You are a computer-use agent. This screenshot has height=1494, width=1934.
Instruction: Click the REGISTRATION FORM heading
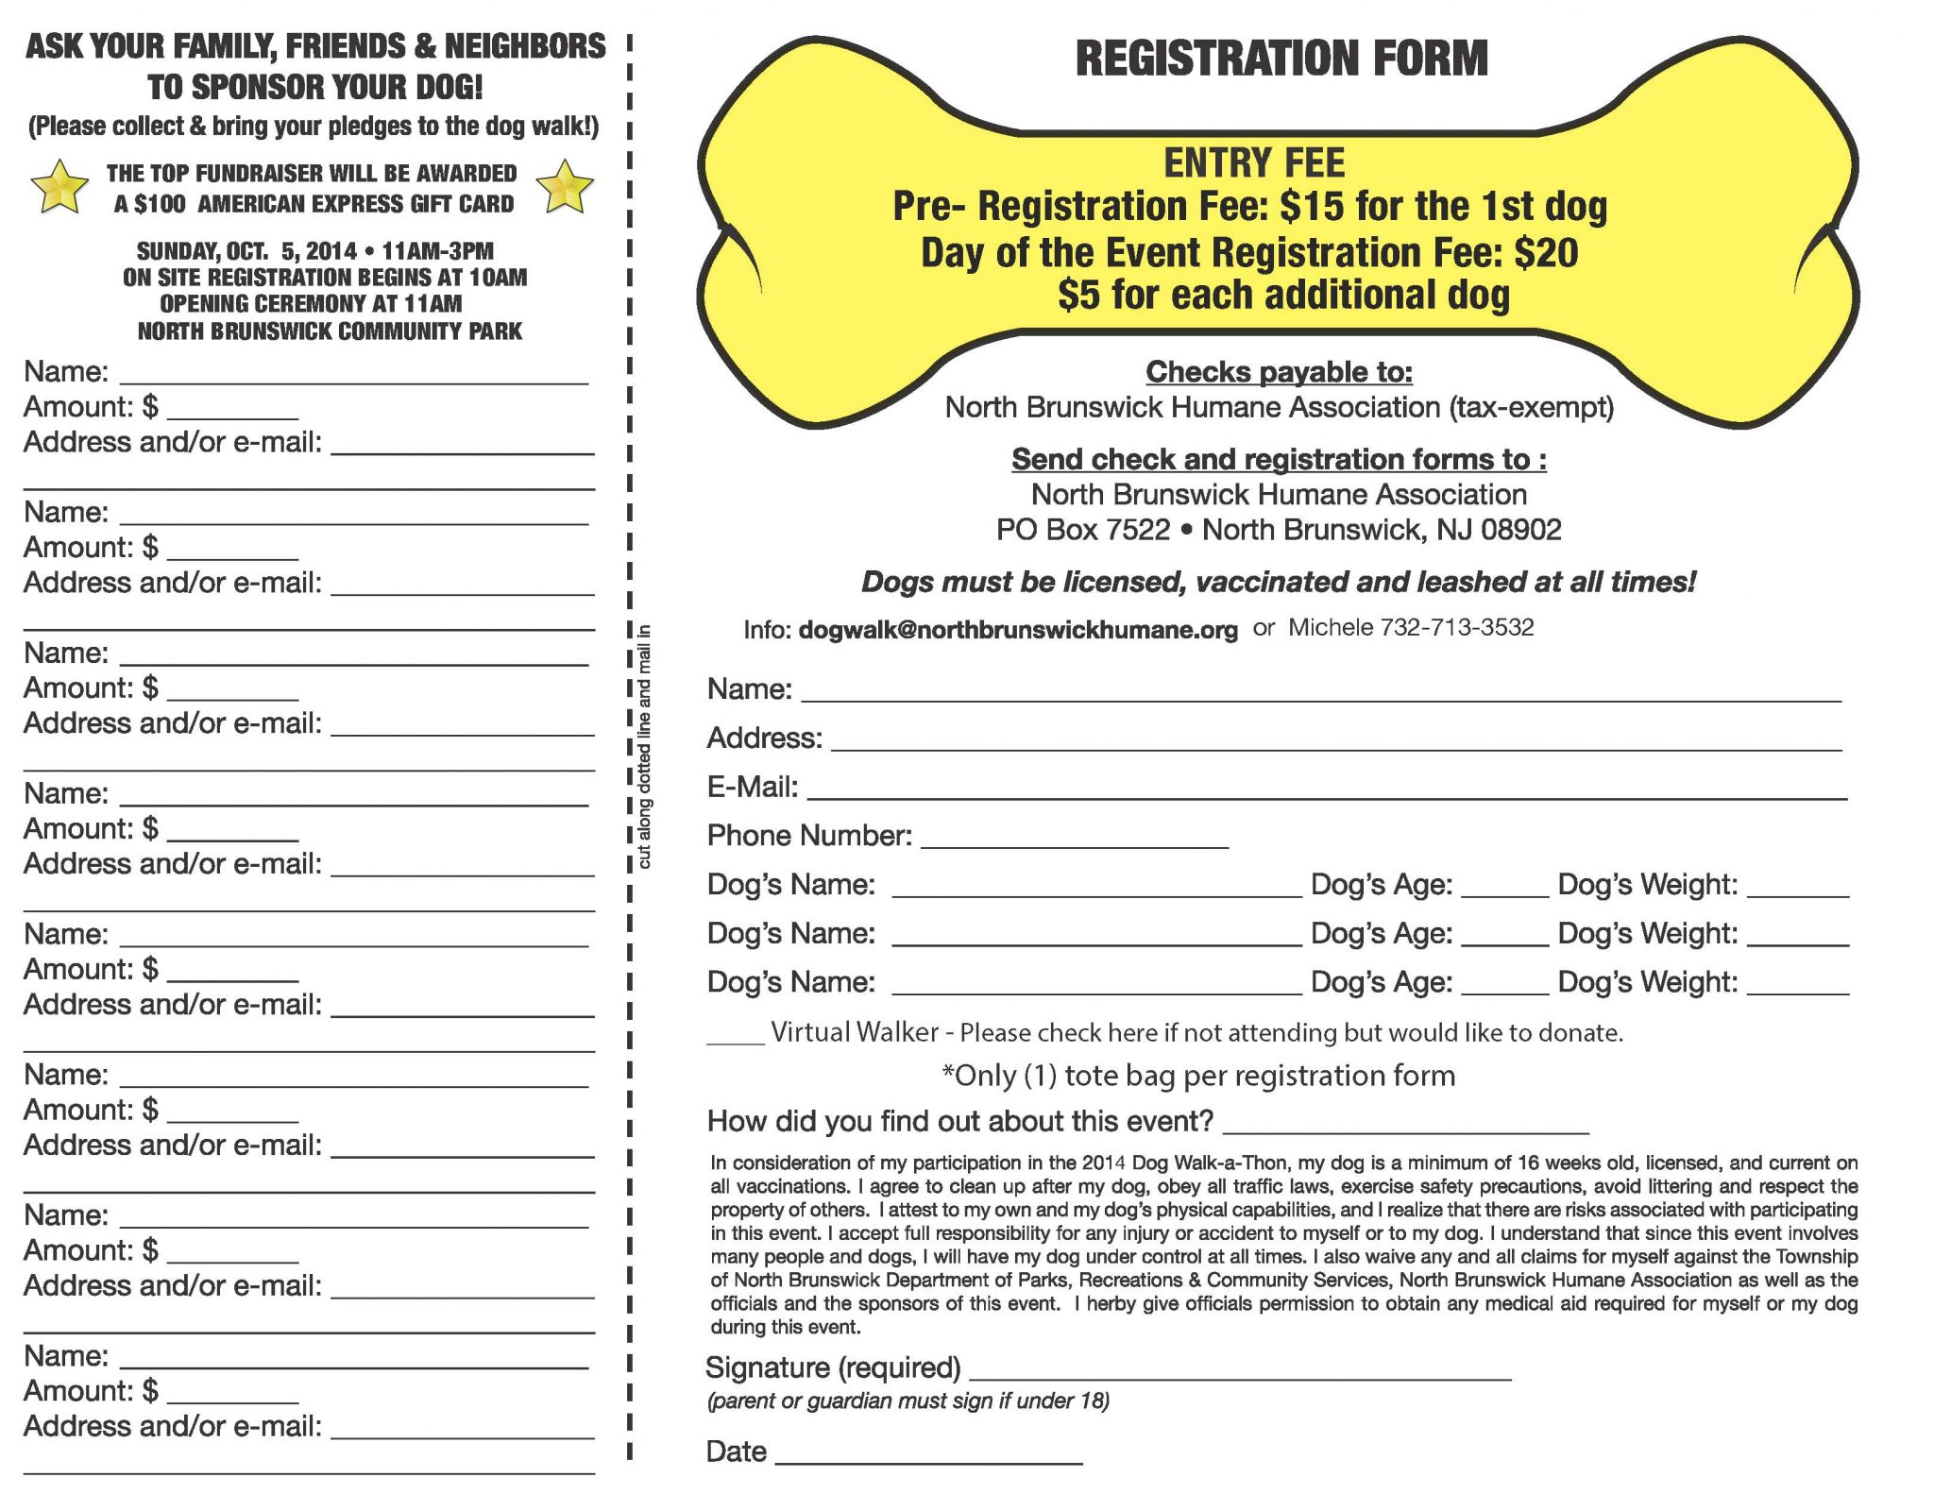[x=1281, y=59]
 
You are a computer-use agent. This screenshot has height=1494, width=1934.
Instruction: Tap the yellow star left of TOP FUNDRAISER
[x=60, y=186]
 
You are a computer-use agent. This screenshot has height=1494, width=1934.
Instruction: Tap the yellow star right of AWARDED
[x=565, y=186]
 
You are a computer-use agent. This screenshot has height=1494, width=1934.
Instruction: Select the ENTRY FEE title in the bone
[x=1253, y=163]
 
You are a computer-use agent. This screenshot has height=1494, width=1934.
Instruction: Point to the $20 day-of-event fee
[x=1546, y=252]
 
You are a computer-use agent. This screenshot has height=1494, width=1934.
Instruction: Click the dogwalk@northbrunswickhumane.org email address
[x=1017, y=630]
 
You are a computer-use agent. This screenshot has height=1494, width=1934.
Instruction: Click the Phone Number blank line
[x=1074, y=844]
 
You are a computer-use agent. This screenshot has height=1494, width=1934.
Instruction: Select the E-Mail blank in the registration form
[x=1326, y=795]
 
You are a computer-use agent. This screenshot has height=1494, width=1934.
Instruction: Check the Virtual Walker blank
[x=735, y=1040]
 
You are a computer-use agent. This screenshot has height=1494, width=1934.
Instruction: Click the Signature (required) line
[x=1239, y=1376]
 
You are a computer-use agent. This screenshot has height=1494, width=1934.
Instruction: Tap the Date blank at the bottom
[x=927, y=1460]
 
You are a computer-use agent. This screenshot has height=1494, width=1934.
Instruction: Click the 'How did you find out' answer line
[x=1405, y=1129]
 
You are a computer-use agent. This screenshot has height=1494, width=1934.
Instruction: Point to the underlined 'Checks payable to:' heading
[x=1279, y=372]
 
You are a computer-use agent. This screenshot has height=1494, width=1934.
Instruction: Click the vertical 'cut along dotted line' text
[x=645, y=746]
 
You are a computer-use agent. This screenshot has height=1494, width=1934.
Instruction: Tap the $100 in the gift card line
[x=161, y=205]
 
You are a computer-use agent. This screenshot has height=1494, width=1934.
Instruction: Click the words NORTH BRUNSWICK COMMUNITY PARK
[x=330, y=331]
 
